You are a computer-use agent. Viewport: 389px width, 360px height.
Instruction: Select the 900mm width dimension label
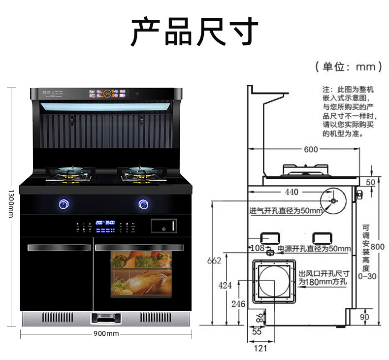tap(106, 334)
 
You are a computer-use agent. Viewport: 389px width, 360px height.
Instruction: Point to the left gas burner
tap(69, 173)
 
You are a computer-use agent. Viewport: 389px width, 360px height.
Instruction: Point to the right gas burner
tap(139, 173)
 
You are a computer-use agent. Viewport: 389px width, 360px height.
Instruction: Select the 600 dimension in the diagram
tap(310, 149)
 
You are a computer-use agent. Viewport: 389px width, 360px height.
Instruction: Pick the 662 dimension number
tap(214, 261)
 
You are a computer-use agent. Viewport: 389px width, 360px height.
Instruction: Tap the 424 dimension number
tap(225, 285)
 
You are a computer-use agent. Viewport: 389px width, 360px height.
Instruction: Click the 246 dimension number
tap(238, 304)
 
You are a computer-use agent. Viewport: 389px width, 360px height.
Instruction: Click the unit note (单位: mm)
tap(349, 66)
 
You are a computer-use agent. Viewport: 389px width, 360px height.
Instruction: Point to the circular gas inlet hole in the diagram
tap(333, 201)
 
